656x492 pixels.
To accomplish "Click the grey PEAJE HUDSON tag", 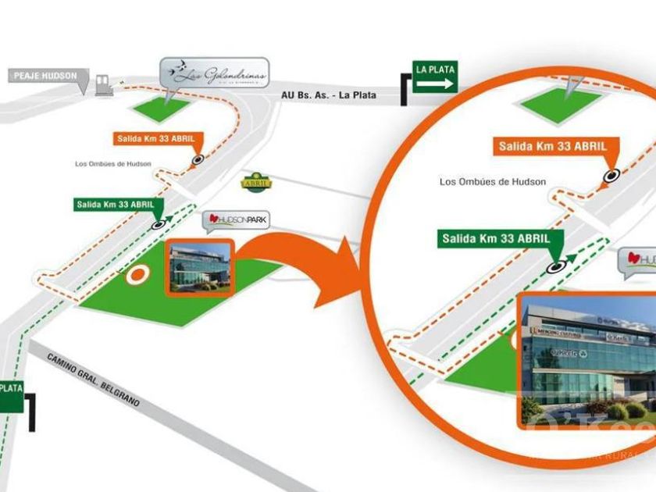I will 45,76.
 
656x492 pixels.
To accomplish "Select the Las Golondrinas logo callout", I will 215,73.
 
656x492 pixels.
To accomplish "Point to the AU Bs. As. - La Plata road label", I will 329,95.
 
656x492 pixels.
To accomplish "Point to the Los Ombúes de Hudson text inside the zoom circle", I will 492,182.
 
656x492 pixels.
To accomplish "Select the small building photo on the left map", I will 199,267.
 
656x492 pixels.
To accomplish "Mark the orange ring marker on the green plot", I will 138,274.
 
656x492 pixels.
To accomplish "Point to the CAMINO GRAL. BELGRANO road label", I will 93,380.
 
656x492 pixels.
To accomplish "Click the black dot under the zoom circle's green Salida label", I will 557,266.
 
